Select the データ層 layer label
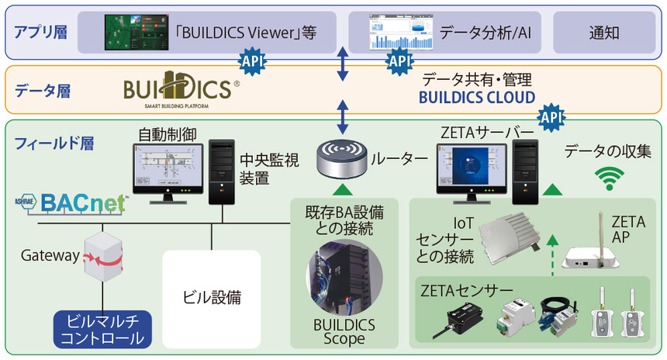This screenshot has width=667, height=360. click(x=43, y=91)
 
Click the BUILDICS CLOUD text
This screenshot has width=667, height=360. click(x=477, y=98)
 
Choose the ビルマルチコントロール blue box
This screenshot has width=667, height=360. click(x=102, y=331)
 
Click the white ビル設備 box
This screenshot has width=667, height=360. click(x=212, y=296)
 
